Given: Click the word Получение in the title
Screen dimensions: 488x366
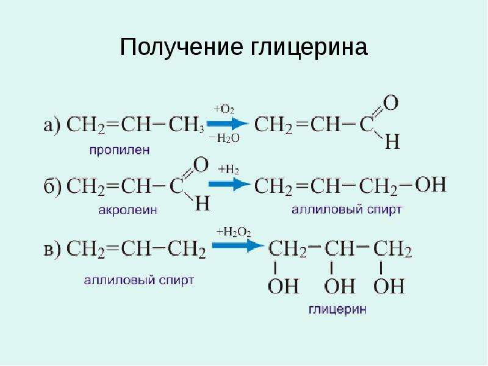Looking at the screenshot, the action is pos(181,47).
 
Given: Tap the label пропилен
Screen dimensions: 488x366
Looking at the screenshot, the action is pos(120,151).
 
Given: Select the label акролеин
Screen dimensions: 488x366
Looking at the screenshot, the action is pos(128,210).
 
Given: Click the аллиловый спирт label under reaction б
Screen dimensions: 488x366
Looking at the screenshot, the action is pos(346,209).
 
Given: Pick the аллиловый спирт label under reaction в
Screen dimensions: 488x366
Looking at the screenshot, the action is pos(139,281).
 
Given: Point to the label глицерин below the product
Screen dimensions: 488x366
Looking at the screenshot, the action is pos(338,310).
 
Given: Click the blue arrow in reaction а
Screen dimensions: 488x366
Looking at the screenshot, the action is pos(228,124).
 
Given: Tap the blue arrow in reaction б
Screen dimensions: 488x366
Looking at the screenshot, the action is pos(229,184).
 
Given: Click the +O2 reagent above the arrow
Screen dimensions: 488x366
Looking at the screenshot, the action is pos(224,109).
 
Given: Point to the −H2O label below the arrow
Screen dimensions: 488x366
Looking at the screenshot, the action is pos(224,138).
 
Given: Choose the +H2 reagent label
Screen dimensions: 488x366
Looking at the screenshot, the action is pos(229,170).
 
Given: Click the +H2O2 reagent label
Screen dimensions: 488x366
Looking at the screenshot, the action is pos(234,232).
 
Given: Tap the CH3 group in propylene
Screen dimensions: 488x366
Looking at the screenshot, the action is pos(187,125).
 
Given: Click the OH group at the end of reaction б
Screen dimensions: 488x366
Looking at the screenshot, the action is pos(431,184).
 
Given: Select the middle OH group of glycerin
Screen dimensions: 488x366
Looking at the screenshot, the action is pos(340,286).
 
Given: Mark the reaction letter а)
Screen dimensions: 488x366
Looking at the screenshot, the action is pos(52,126).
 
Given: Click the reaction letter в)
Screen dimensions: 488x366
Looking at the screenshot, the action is pos(52,249).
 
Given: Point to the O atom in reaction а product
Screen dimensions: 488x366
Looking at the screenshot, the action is pos(390,103).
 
